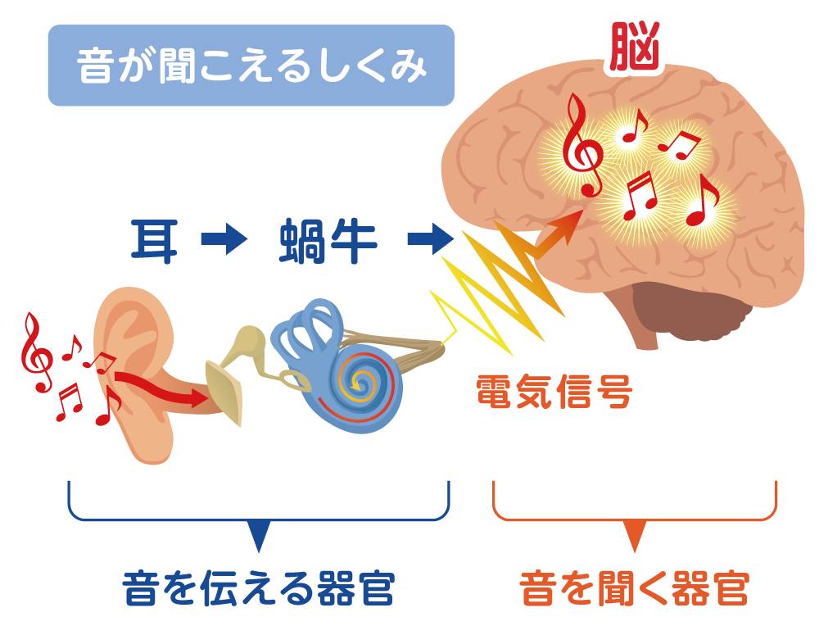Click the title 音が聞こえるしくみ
click(x=251, y=66)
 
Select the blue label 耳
click(x=154, y=240)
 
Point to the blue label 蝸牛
click(x=328, y=240)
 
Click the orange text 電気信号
click(x=554, y=394)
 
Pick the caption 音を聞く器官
click(x=634, y=588)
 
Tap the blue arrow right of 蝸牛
click(x=429, y=240)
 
